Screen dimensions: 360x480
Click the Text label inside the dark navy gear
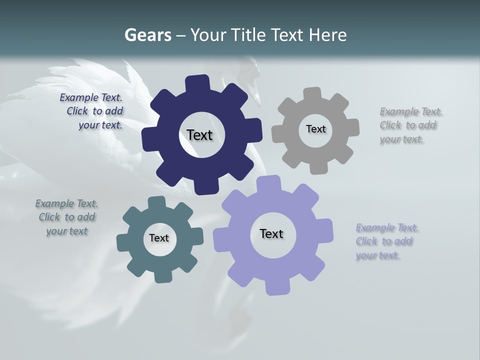[x=199, y=135]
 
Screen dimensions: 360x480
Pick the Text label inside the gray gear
[x=315, y=129]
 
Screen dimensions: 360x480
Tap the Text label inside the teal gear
[x=159, y=238]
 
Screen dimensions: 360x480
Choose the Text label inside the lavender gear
[x=271, y=234]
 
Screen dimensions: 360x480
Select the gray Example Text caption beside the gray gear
[x=409, y=125]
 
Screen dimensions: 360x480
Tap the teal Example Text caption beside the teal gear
[x=66, y=217]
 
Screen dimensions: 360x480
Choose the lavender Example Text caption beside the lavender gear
[x=386, y=241]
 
